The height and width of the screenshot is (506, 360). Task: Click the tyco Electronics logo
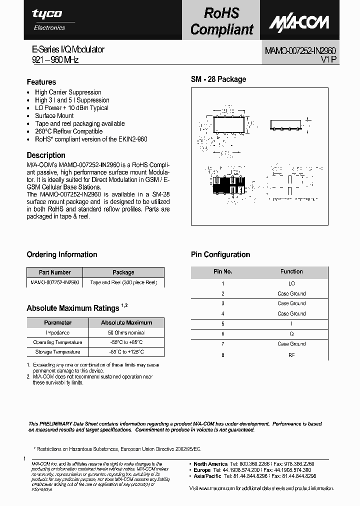pyautogui.click(x=48, y=19)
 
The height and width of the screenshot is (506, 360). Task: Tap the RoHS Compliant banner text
pyautogui.click(x=222, y=20)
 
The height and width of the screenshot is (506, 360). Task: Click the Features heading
pyautogui.click(x=41, y=82)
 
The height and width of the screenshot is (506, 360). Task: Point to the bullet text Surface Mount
pyautogui.click(x=54, y=115)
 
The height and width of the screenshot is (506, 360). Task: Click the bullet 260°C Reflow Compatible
pyautogui.click(x=68, y=131)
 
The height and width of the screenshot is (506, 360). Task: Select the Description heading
pyautogui.click(x=46, y=155)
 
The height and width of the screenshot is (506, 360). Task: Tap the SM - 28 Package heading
pyautogui.click(x=218, y=79)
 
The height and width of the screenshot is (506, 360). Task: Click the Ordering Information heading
pyautogui.click(x=62, y=254)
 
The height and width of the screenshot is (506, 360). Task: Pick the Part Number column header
pyautogui.click(x=55, y=272)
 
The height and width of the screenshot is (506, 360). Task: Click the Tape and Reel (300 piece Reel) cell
pyautogui.click(x=123, y=282)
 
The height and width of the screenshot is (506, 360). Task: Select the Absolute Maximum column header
pyautogui.click(x=126, y=322)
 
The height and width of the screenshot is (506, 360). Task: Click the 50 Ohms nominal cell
pyautogui.click(x=126, y=332)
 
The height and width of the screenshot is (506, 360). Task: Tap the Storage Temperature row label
pyautogui.click(x=57, y=352)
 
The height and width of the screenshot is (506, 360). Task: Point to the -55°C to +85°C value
pyautogui.click(x=126, y=342)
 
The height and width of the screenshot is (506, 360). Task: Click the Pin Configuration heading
pyautogui.click(x=220, y=254)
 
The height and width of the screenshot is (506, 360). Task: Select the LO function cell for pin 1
pyautogui.click(x=291, y=283)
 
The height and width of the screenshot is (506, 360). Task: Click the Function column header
pyautogui.click(x=291, y=271)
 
